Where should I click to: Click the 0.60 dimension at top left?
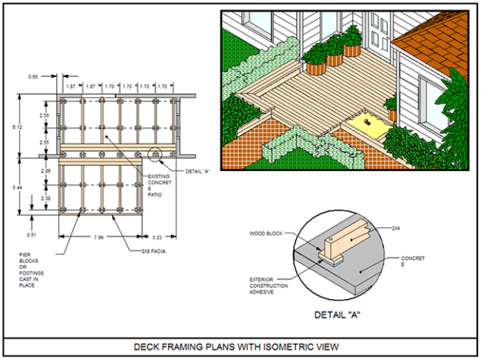(x=33, y=76)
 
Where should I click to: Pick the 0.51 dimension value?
(x=31, y=234)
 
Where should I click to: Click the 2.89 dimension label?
(x=45, y=170)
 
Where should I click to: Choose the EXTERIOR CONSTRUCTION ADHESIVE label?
(x=268, y=286)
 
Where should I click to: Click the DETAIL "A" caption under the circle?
(x=338, y=315)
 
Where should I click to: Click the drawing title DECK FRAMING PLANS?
(x=240, y=347)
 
